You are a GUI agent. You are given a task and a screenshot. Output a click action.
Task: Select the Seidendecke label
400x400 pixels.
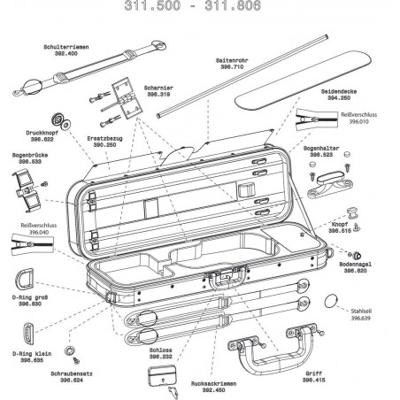[345, 90]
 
